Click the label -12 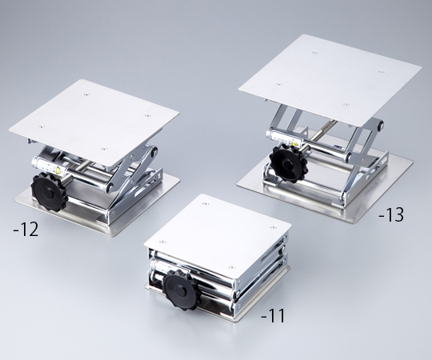pyautogui.click(x=26, y=230)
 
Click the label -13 pyautogui.click(x=391, y=214)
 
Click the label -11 pyautogui.click(x=273, y=316)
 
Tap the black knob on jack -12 pyautogui.click(x=50, y=192)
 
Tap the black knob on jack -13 pyautogui.click(x=288, y=164)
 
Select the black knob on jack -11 pyautogui.click(x=181, y=289)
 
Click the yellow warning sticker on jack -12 pyautogui.click(x=58, y=170)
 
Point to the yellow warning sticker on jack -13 pyautogui.click(x=294, y=143)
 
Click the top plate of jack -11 pyautogui.click(x=218, y=234)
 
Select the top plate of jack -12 pyautogui.click(x=94, y=122)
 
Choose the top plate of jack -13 pyautogui.click(x=330, y=80)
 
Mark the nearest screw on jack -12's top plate pyautogui.click(x=103, y=149)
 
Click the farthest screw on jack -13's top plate pyautogui.click(x=314, y=52)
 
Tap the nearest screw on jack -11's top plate pyautogui.click(x=232, y=266)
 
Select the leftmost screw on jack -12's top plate pyautogui.click(x=42, y=126)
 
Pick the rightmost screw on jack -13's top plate pyautogui.click(x=381, y=72)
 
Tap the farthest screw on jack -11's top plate pyautogui.click(x=206, y=203)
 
